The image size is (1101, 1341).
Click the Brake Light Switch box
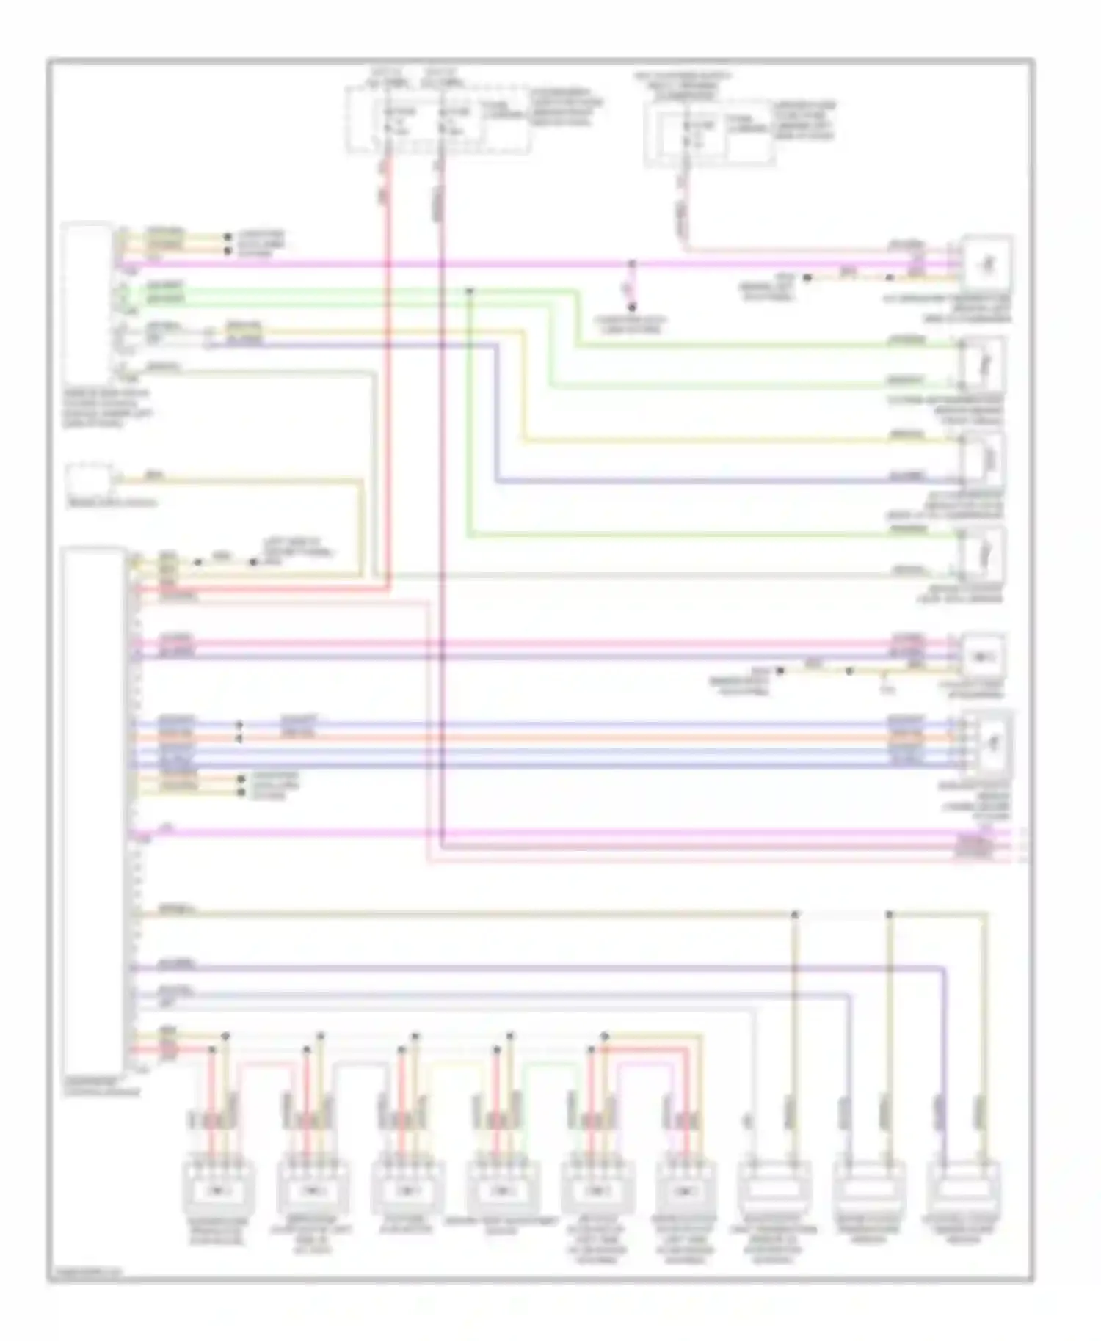pos(90,481)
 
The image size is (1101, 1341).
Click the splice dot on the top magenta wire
pos(631,263)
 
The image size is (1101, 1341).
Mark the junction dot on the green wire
pos(469,291)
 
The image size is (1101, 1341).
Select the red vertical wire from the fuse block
pos(388,367)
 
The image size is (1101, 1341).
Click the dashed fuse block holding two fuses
pos(437,120)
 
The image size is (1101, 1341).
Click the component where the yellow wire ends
pos(984,459)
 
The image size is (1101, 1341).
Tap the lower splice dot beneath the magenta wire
pos(631,307)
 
